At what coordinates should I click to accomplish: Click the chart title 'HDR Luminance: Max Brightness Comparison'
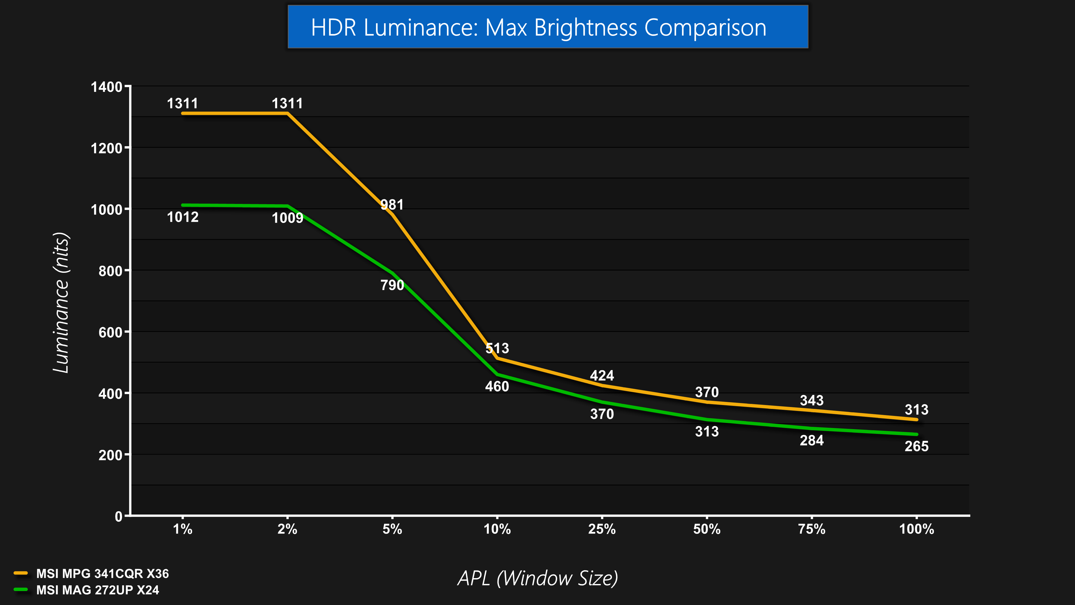click(x=538, y=27)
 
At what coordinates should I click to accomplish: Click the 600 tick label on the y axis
click(x=110, y=332)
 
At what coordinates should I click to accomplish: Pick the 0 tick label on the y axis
click(x=118, y=516)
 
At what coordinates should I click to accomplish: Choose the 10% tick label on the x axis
click(x=497, y=529)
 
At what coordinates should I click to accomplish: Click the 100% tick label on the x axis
click(x=917, y=529)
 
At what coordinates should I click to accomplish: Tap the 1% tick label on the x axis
click(x=183, y=529)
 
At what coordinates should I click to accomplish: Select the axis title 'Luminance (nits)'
click(x=61, y=303)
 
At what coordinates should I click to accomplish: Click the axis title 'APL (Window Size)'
click(x=537, y=578)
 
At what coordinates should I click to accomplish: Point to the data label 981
click(x=392, y=204)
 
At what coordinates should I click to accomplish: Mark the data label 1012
click(x=183, y=217)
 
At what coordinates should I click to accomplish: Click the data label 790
click(x=392, y=285)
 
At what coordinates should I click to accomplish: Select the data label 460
click(x=497, y=387)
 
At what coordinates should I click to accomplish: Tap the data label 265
click(x=917, y=446)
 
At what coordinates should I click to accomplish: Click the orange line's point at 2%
click(x=288, y=113)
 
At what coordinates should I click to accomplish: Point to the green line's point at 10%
click(x=497, y=374)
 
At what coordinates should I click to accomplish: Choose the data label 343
click(x=812, y=401)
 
